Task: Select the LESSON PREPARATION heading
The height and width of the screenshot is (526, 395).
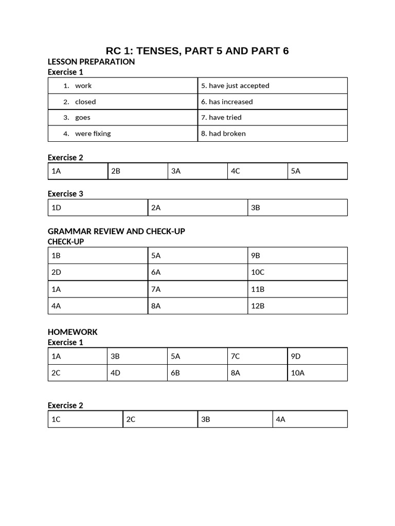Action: coord(91,62)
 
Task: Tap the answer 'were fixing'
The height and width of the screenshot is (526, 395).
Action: coord(93,134)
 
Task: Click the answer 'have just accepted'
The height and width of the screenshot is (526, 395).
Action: coord(235,86)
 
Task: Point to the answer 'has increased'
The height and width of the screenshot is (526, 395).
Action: coord(227,102)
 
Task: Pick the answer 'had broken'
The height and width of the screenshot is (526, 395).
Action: coord(223,134)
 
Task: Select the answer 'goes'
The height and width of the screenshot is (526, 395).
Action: coord(82,118)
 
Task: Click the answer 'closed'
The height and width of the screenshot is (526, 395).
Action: coord(85,102)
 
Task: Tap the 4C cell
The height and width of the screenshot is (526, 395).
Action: coord(236,172)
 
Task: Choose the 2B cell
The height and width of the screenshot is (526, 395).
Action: coord(116,172)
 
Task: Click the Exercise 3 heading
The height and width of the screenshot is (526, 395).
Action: coord(65,194)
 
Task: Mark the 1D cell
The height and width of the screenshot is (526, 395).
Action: coord(57,208)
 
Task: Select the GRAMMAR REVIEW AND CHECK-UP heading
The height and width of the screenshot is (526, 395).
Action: coord(116,231)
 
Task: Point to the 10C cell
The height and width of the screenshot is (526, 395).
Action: coord(258,272)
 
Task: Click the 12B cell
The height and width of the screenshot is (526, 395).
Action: coord(258,306)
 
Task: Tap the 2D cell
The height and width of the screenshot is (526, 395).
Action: coord(57,272)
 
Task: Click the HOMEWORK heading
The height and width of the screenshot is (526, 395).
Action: coord(73,332)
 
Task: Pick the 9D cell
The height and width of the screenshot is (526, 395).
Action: coord(296,356)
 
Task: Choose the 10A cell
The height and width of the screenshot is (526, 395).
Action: coord(298,373)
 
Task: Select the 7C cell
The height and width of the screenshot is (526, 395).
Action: coord(236,356)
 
